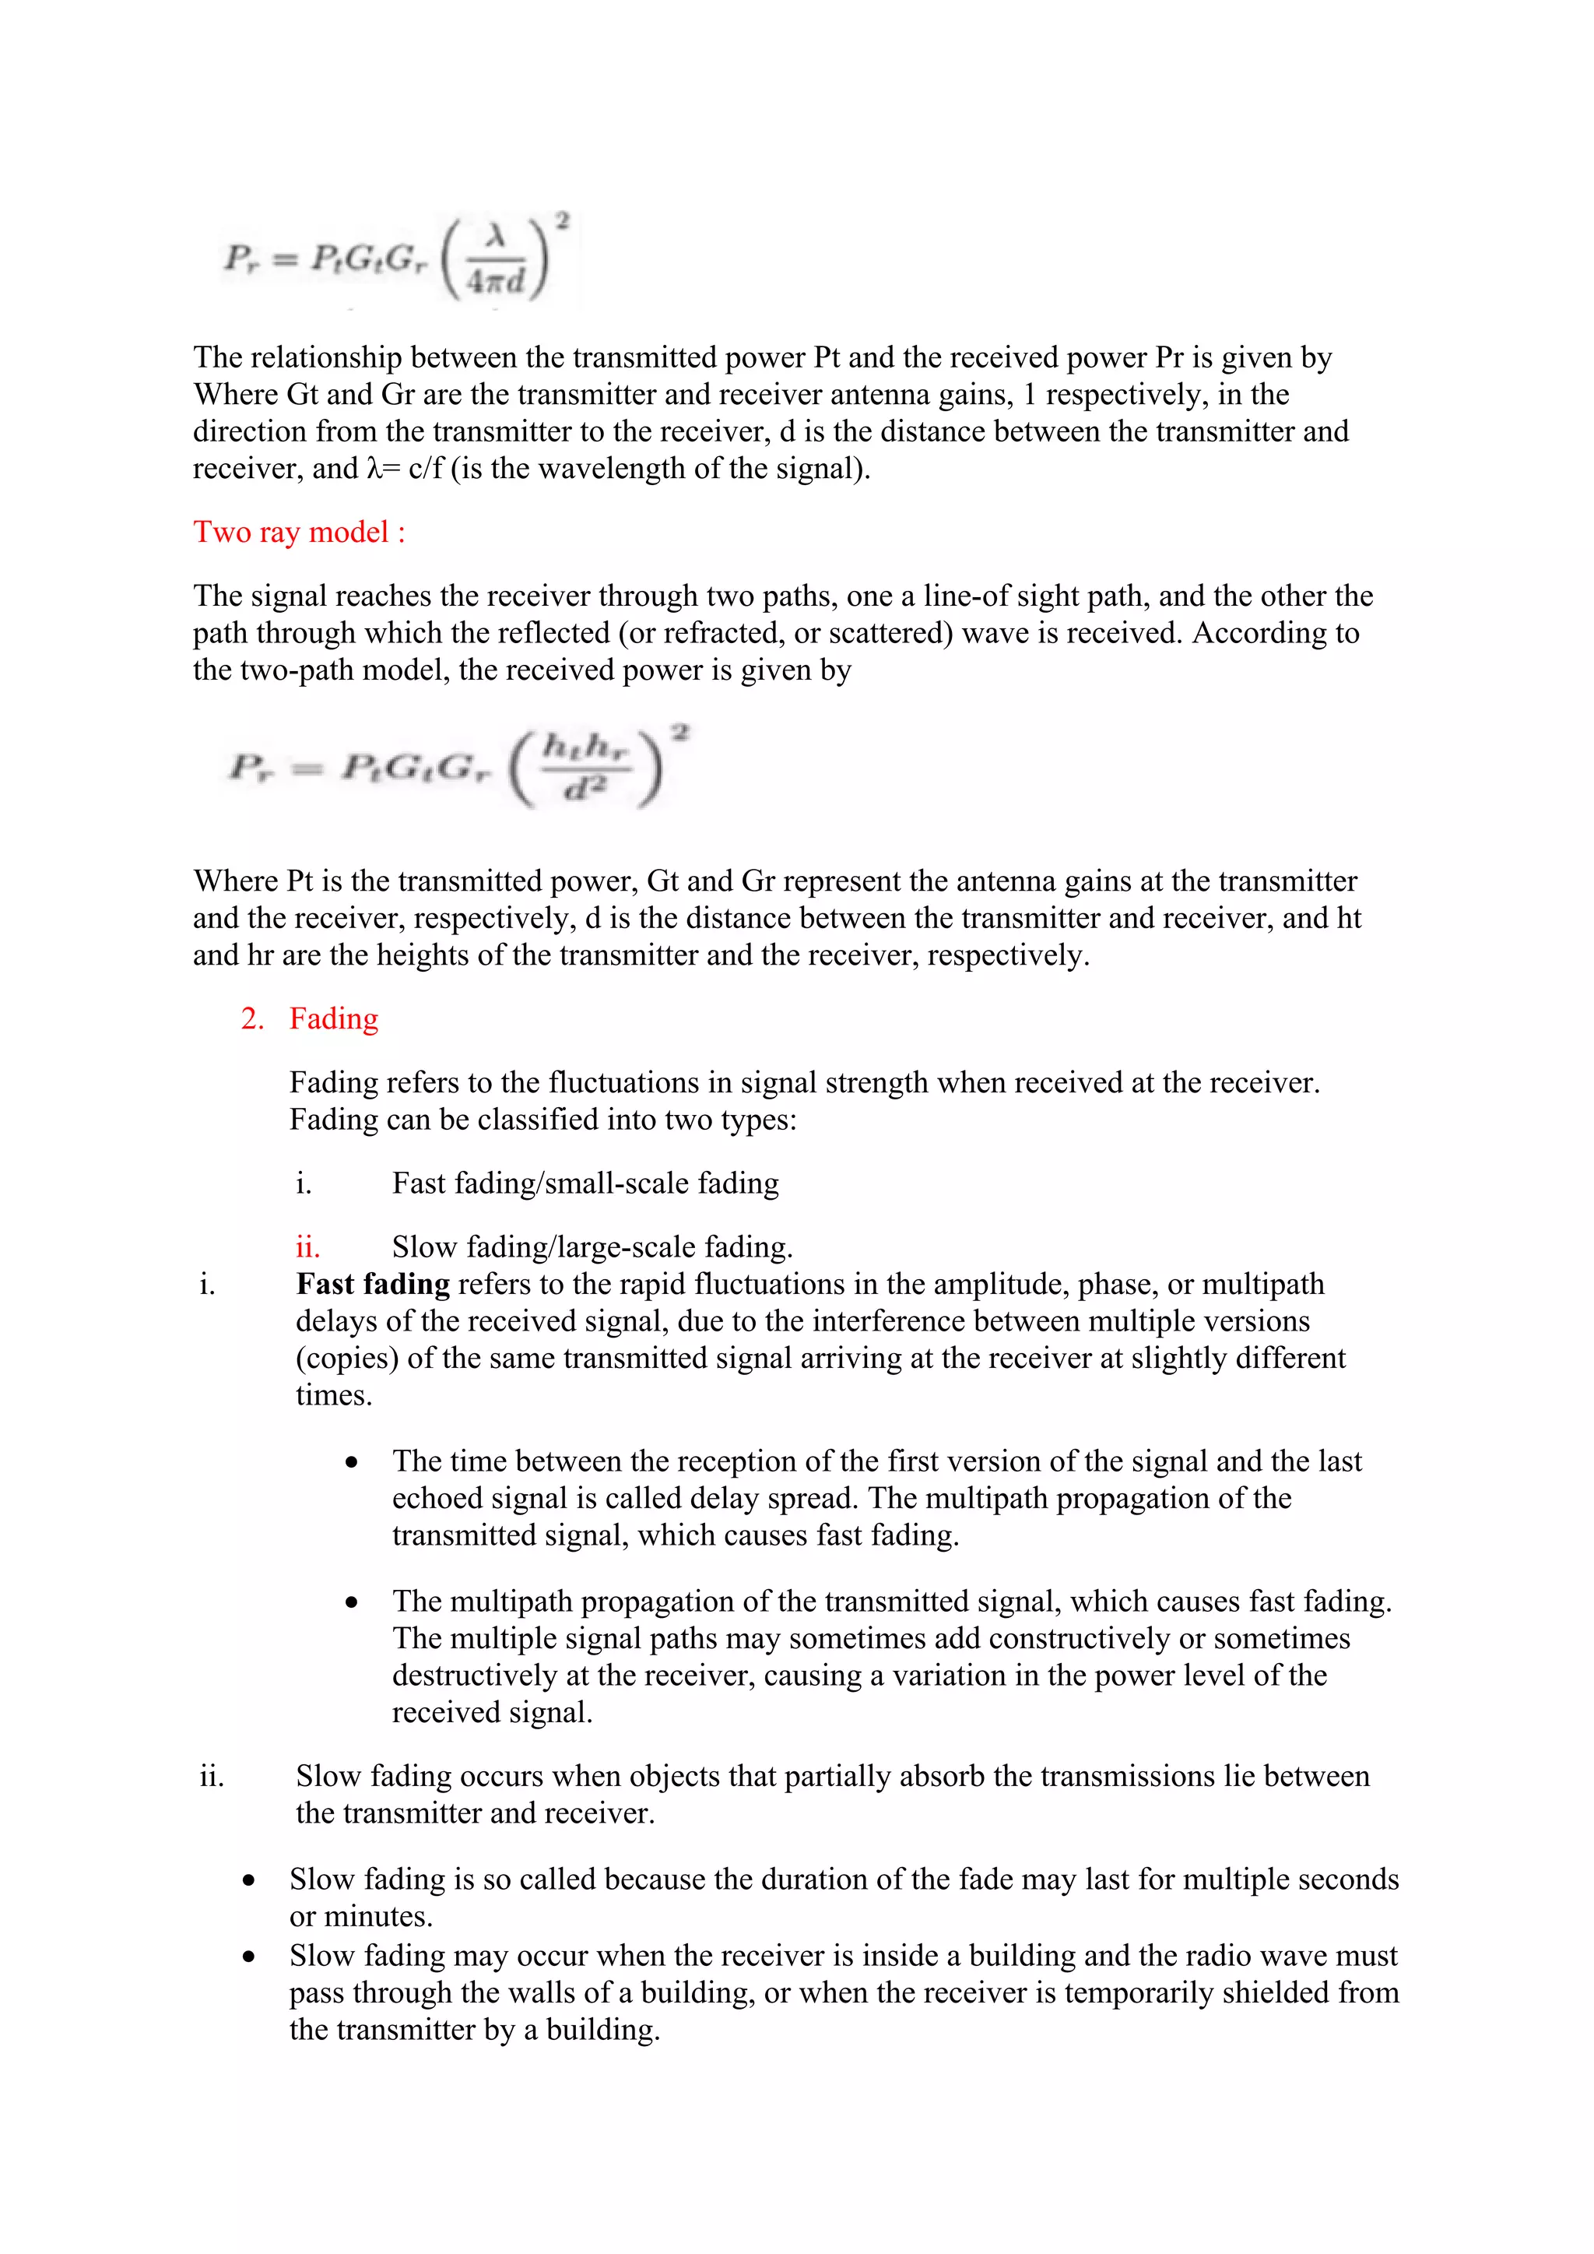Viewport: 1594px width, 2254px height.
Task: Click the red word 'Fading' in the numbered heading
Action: (x=333, y=1019)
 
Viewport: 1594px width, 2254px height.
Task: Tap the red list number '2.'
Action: (x=251, y=1019)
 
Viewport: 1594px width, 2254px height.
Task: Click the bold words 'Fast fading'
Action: (x=372, y=1284)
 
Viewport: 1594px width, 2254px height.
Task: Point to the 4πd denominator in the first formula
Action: (x=496, y=282)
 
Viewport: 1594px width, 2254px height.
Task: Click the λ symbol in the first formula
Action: (x=496, y=236)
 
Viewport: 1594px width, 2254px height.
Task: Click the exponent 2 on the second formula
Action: (x=680, y=733)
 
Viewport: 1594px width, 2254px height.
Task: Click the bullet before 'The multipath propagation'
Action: (x=351, y=1603)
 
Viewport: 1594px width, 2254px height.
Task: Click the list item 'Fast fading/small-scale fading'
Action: (x=585, y=1184)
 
